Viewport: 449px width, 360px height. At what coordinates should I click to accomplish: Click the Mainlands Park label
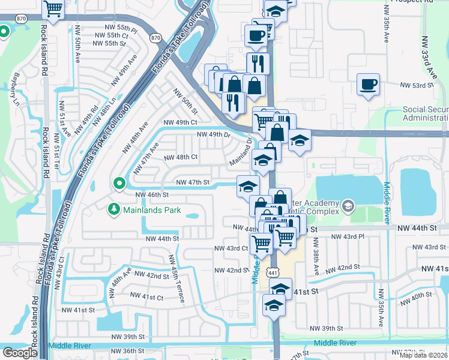[148, 209]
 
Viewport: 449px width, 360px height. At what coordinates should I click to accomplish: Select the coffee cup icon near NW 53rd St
[368, 84]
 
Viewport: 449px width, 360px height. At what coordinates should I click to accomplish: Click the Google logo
[20, 353]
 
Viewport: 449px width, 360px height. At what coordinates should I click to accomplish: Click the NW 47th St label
[192, 182]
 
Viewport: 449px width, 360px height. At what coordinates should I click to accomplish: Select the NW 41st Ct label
[148, 297]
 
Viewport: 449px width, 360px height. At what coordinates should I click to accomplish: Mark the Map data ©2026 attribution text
[423, 355]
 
